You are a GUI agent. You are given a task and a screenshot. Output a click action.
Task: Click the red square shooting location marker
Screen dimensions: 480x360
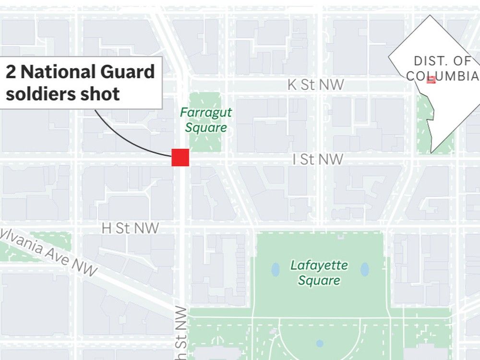pos(180,157)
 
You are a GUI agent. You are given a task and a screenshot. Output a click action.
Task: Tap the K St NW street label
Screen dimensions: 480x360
pos(315,85)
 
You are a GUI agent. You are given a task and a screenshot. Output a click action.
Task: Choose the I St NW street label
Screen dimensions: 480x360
pos(318,159)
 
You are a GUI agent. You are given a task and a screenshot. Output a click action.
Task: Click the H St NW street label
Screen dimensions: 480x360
pos(130,228)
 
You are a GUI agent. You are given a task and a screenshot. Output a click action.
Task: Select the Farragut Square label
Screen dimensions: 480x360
pos(206,120)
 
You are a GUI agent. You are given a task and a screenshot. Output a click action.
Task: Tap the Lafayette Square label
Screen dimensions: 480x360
pos(319,272)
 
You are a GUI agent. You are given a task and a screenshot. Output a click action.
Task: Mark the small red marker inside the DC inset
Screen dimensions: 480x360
pos(431,80)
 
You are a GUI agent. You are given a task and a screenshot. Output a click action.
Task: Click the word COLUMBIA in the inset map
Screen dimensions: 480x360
pos(442,76)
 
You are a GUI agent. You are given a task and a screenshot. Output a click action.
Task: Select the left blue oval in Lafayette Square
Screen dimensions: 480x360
pos(275,269)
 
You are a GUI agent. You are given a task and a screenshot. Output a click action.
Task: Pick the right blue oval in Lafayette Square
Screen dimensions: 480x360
pos(364,269)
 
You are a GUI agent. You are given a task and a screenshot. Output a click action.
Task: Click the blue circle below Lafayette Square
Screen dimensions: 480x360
pos(320,343)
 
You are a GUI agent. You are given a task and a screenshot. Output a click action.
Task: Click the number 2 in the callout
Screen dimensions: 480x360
pos(11,72)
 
